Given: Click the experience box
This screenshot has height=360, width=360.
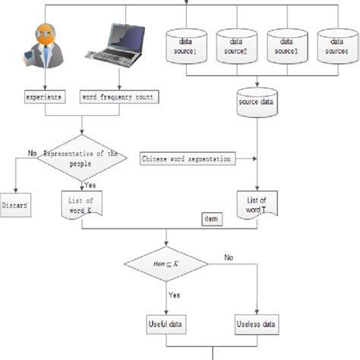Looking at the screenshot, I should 44,97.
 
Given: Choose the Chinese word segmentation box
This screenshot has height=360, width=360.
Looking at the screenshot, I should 187,159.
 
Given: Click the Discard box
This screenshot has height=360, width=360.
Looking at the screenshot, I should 16,206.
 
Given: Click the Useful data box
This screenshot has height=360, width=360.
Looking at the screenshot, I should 166,324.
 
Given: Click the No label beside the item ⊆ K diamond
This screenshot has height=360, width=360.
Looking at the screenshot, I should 228,258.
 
